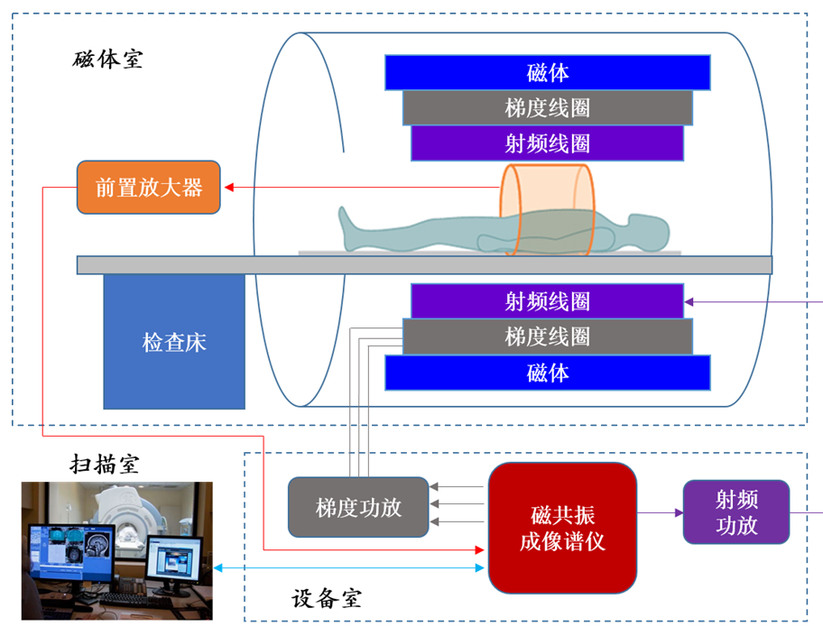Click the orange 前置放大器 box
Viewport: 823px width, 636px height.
[x=149, y=188]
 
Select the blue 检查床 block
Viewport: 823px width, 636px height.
[x=174, y=341]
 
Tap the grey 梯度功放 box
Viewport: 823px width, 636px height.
[x=358, y=507]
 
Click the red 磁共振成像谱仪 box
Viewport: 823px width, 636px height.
[x=563, y=528]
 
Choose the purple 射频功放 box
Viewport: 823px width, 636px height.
[x=736, y=512]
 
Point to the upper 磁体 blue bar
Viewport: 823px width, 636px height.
[x=548, y=72]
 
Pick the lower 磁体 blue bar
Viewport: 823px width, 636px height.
[x=548, y=373]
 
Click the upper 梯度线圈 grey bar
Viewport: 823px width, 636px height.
[x=548, y=107]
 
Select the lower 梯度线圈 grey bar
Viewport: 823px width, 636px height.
[x=548, y=336]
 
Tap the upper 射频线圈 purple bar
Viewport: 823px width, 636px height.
[x=548, y=143]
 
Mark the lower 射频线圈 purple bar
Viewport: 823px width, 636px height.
[x=548, y=301]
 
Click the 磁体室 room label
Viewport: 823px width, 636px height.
[x=107, y=59]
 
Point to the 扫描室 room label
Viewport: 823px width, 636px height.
[x=105, y=465]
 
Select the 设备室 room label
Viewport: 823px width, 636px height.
[x=327, y=598]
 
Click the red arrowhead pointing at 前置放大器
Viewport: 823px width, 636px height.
[x=229, y=188]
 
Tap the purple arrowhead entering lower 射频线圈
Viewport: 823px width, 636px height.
[x=689, y=301]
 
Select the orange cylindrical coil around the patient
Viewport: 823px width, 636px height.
[x=547, y=210]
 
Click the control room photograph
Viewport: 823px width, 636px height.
[x=117, y=550]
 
